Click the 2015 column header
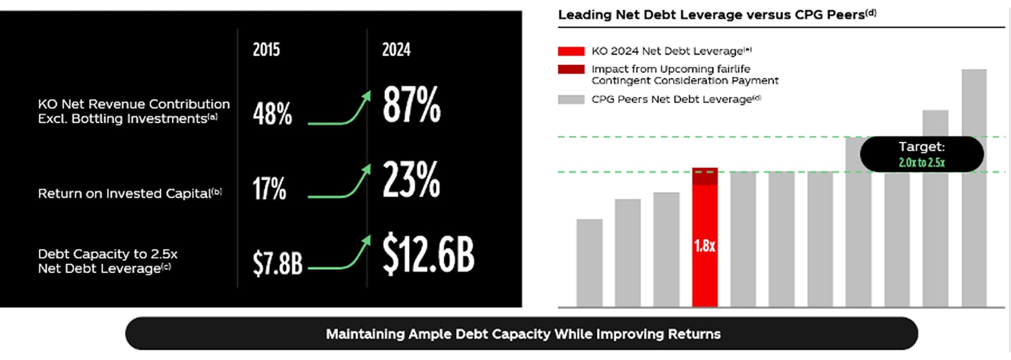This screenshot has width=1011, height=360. [x=266, y=50]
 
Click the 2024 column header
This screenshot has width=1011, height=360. [x=396, y=50]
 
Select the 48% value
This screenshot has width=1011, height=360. [x=272, y=115]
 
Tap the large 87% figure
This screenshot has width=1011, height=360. [x=411, y=105]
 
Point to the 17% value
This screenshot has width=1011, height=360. [x=269, y=189]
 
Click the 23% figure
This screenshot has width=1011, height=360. [x=411, y=180]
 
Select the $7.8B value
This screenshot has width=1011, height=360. [x=277, y=263]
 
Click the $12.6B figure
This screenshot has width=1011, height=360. [x=428, y=254]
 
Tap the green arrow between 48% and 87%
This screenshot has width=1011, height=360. [x=339, y=109]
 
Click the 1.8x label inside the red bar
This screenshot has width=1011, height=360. [x=704, y=245]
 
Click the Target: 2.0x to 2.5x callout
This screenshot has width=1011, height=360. [x=921, y=155]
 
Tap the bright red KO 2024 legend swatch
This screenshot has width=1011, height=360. [x=571, y=51]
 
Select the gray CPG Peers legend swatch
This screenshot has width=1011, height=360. [x=571, y=99]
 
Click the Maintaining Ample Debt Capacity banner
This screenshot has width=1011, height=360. [x=522, y=334]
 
